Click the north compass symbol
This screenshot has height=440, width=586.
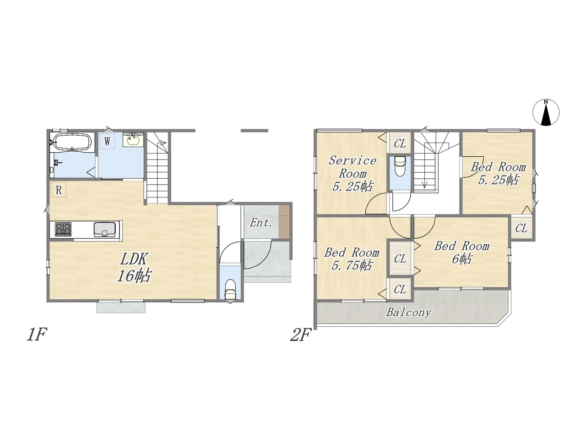tap(546, 112)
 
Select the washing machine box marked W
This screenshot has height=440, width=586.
tap(107, 141)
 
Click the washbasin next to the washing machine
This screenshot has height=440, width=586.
tap(133, 139)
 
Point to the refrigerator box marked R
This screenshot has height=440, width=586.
tap(59, 190)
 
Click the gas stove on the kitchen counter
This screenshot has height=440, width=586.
tap(63, 229)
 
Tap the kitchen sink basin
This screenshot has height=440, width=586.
tap(104, 230)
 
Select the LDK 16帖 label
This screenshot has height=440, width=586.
tap(134, 267)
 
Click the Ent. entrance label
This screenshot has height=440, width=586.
tap(261, 223)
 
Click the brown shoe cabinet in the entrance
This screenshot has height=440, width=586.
tap(284, 221)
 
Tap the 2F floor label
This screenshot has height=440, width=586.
tap(301, 335)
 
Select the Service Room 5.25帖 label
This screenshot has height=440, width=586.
tap(352, 174)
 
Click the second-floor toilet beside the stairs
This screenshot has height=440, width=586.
tap(400, 166)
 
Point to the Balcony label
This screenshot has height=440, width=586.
tap(408, 312)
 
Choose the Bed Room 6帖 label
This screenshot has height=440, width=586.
tap(462, 252)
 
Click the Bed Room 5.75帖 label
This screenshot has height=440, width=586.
tap(352, 258)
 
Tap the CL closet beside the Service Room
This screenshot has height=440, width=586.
tap(400, 144)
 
